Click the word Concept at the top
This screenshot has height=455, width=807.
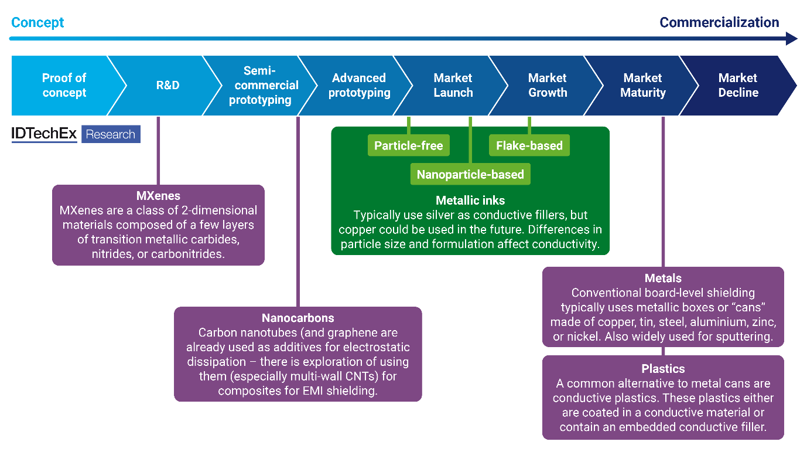click(x=37, y=23)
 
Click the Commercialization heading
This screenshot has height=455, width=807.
click(x=719, y=23)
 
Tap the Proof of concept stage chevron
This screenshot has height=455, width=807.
click(x=64, y=86)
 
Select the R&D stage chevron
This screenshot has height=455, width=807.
click(x=167, y=86)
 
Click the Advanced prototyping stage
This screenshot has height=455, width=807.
click(x=359, y=86)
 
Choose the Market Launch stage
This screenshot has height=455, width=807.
click(x=453, y=86)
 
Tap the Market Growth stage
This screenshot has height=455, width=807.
click(x=548, y=86)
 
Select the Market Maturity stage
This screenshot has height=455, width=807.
click(x=643, y=86)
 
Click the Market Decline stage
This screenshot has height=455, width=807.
click(x=738, y=86)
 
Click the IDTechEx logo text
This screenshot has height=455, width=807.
click(x=45, y=134)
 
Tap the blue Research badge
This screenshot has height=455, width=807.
click(x=111, y=134)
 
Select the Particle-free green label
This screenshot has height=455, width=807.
click(x=409, y=146)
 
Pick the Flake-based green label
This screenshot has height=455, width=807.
click(x=529, y=146)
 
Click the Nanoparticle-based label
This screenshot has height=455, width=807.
click(x=470, y=174)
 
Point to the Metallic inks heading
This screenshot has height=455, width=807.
click(x=470, y=201)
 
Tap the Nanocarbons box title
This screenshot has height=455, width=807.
click(x=298, y=318)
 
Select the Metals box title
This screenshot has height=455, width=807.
click(x=663, y=279)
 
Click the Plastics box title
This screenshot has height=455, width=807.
click(x=663, y=369)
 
